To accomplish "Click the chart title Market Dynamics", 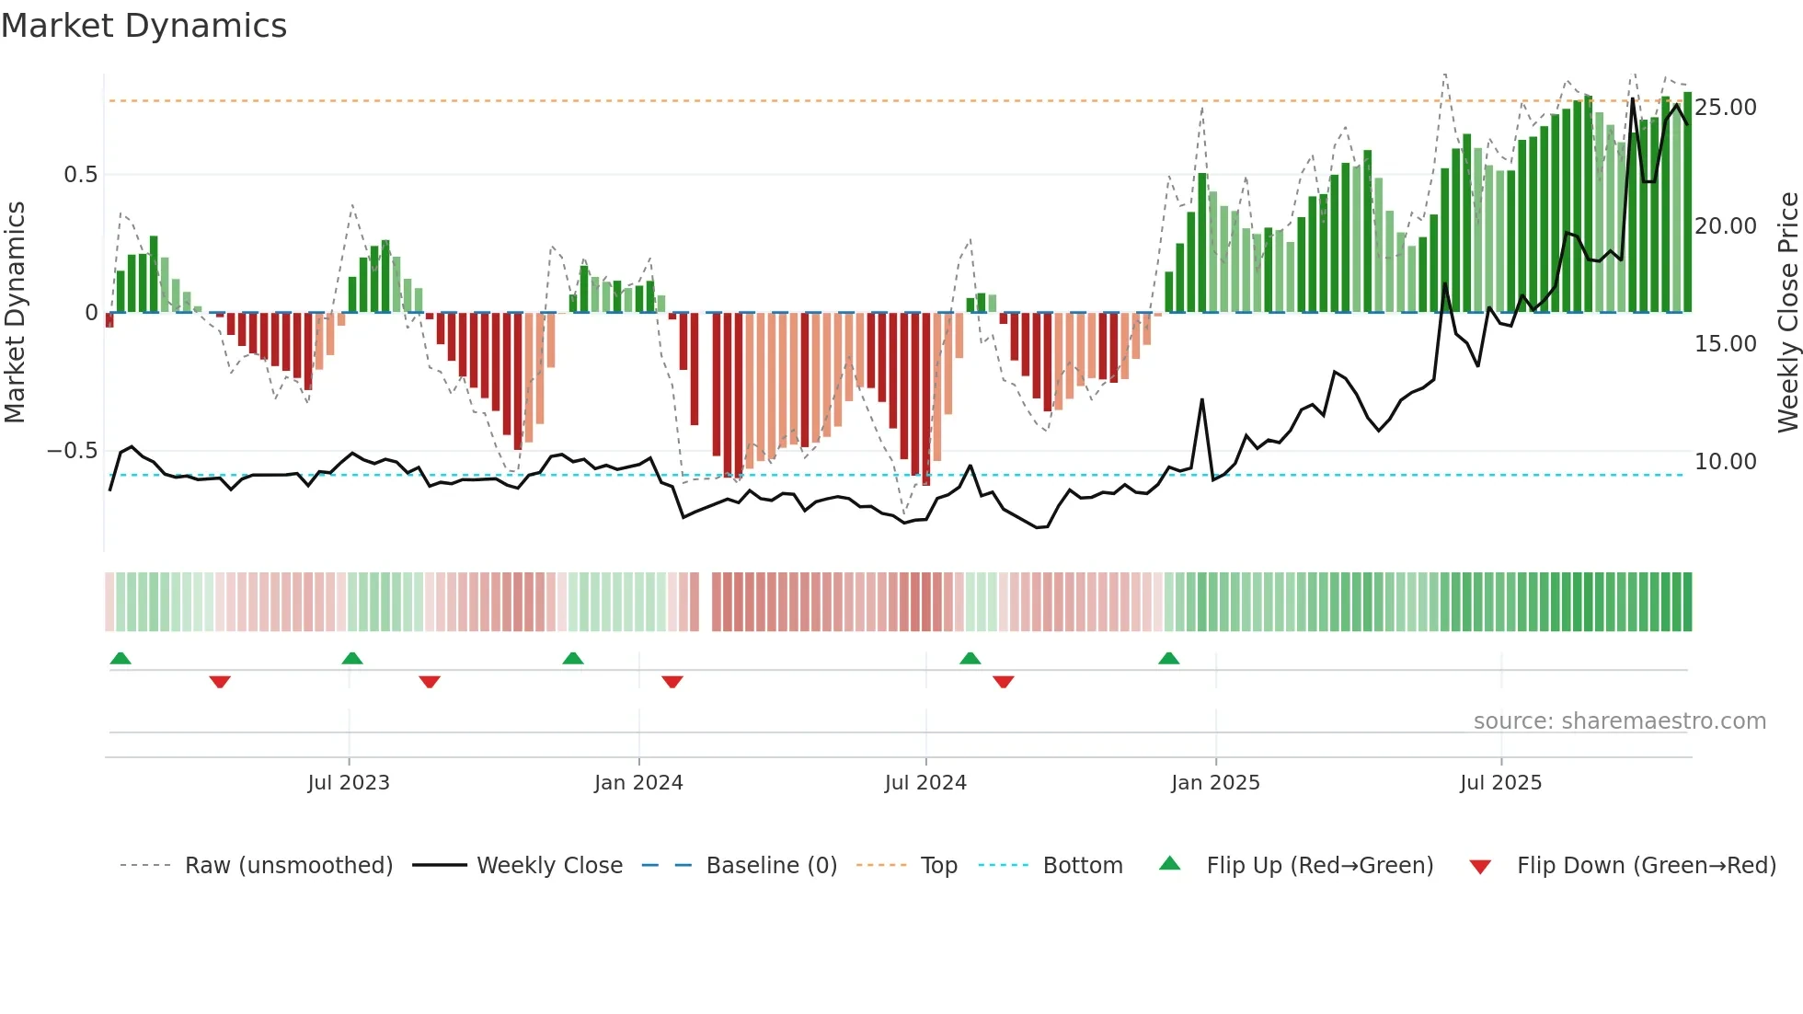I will (144, 26).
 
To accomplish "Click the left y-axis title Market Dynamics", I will (15, 312).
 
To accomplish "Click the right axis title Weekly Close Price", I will (1787, 312).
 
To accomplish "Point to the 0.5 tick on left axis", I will (80, 175).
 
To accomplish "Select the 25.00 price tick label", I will (1725, 108).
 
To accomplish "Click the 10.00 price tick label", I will (1725, 462).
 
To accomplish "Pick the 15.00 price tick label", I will (1725, 344).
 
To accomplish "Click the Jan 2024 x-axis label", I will (638, 783).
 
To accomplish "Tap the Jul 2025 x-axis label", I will (1500, 783).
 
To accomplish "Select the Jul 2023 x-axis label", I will (349, 783).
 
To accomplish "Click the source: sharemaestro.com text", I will (1619, 721).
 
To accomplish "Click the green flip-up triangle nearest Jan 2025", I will (1168, 658).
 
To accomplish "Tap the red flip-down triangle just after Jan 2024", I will (672, 682).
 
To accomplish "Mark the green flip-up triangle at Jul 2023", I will (352, 658).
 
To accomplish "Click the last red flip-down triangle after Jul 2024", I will (1004, 682).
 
